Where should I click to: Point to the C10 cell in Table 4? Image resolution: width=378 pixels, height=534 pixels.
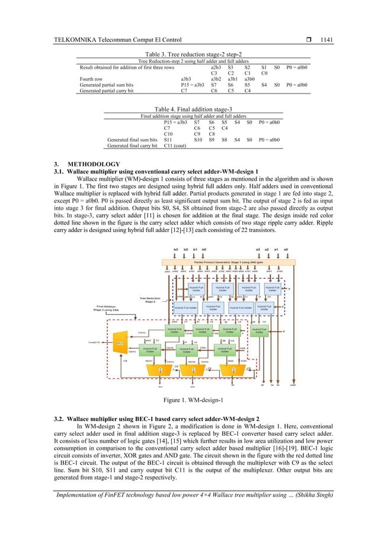(169, 134)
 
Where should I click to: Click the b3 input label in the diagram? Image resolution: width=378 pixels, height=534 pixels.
(176, 250)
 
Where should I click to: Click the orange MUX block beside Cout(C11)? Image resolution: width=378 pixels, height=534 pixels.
(119, 343)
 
